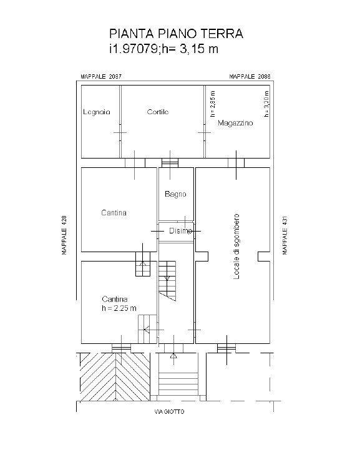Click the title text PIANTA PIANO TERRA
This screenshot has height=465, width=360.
click(x=176, y=34)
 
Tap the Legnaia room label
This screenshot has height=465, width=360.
click(x=96, y=112)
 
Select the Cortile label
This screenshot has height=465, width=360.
click(x=158, y=112)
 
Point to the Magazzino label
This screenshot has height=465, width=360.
click(x=235, y=123)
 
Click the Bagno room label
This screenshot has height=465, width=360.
click(x=175, y=194)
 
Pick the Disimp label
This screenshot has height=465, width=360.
click(x=180, y=230)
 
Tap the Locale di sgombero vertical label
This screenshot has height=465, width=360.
click(x=236, y=247)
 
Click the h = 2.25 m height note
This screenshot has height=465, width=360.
click(x=119, y=308)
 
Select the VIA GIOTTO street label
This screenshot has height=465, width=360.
click(x=169, y=411)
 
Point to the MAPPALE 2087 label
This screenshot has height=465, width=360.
click(x=101, y=77)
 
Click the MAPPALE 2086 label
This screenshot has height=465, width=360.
click(x=250, y=77)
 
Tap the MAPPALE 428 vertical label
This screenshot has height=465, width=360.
click(x=64, y=235)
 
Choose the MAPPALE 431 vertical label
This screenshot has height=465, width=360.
click(x=285, y=235)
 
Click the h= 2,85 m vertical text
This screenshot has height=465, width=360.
click(x=213, y=104)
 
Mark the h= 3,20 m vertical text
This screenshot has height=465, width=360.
click(x=266, y=104)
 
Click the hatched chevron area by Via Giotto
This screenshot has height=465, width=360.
click(x=115, y=376)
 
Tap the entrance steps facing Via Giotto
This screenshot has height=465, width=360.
click(x=178, y=381)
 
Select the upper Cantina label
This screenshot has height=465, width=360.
click(x=114, y=213)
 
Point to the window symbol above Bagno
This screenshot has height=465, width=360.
click(x=170, y=163)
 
